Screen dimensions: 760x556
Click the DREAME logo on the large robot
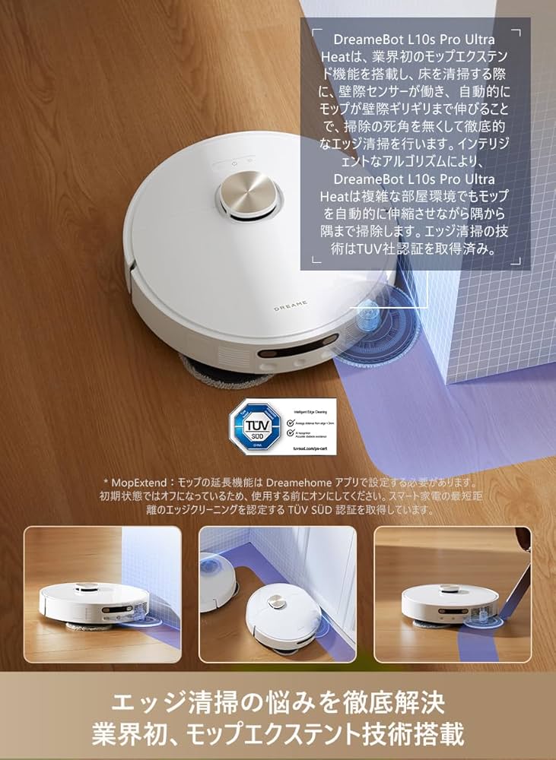291,302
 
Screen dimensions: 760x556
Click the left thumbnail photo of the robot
103,594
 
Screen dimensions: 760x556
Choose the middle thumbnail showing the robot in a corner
278,594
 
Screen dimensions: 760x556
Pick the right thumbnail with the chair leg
453,594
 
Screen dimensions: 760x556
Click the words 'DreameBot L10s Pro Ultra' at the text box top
415,40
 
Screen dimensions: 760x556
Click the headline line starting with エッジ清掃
278,699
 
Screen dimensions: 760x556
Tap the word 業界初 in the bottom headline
124,734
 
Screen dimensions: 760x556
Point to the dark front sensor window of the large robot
300,353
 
